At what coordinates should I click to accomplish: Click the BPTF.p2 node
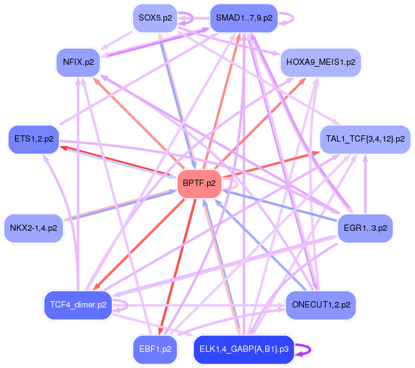click(200, 183)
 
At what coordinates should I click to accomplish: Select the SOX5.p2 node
click(155, 18)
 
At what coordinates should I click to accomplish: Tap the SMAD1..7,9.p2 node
click(244, 18)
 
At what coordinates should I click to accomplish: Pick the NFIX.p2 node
click(79, 62)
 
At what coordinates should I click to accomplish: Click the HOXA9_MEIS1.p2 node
click(321, 62)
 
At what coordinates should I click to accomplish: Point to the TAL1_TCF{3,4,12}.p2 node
click(365, 138)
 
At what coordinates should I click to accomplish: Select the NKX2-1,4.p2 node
click(34, 228)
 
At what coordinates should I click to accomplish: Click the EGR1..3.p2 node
click(365, 228)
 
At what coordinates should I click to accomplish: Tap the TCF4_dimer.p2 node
click(78, 305)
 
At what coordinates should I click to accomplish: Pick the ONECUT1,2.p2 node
click(321, 305)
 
